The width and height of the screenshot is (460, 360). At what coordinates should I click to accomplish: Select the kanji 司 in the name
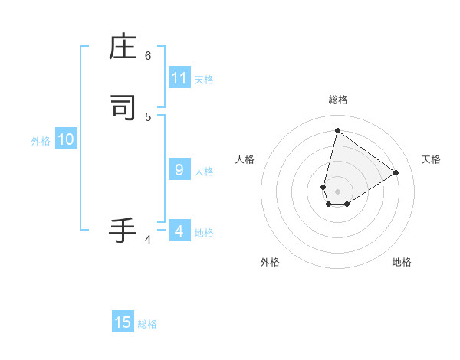click(123, 107)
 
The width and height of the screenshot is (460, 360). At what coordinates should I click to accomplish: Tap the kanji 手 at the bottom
click(123, 230)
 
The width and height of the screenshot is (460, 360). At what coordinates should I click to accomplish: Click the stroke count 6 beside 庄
click(148, 55)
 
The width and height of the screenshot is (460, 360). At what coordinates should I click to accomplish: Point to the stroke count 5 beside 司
click(148, 116)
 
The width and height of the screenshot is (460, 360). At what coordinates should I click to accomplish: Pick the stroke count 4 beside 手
click(148, 240)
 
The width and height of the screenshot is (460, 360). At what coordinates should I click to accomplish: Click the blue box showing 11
click(179, 78)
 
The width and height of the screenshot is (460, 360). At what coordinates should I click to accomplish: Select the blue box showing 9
click(179, 170)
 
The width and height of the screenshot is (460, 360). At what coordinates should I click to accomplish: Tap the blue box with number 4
click(179, 231)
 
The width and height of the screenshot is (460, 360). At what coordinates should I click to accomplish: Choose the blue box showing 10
click(66, 139)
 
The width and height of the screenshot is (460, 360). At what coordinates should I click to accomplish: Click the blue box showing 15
click(123, 322)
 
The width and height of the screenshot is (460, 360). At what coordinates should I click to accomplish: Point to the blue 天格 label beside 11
click(204, 79)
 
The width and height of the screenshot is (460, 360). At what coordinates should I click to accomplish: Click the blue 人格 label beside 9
click(204, 171)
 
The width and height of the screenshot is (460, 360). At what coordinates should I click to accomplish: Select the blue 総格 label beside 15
click(147, 324)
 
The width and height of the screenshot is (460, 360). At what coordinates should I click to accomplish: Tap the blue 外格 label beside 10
click(41, 141)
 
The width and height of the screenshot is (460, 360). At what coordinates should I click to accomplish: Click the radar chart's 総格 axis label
click(337, 100)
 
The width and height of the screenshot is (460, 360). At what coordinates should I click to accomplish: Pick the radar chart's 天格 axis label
click(431, 159)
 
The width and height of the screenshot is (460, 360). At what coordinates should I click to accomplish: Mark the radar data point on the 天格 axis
click(396, 172)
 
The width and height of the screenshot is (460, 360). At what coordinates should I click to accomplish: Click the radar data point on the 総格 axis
click(337, 131)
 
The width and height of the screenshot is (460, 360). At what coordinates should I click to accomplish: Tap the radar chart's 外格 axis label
click(270, 262)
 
